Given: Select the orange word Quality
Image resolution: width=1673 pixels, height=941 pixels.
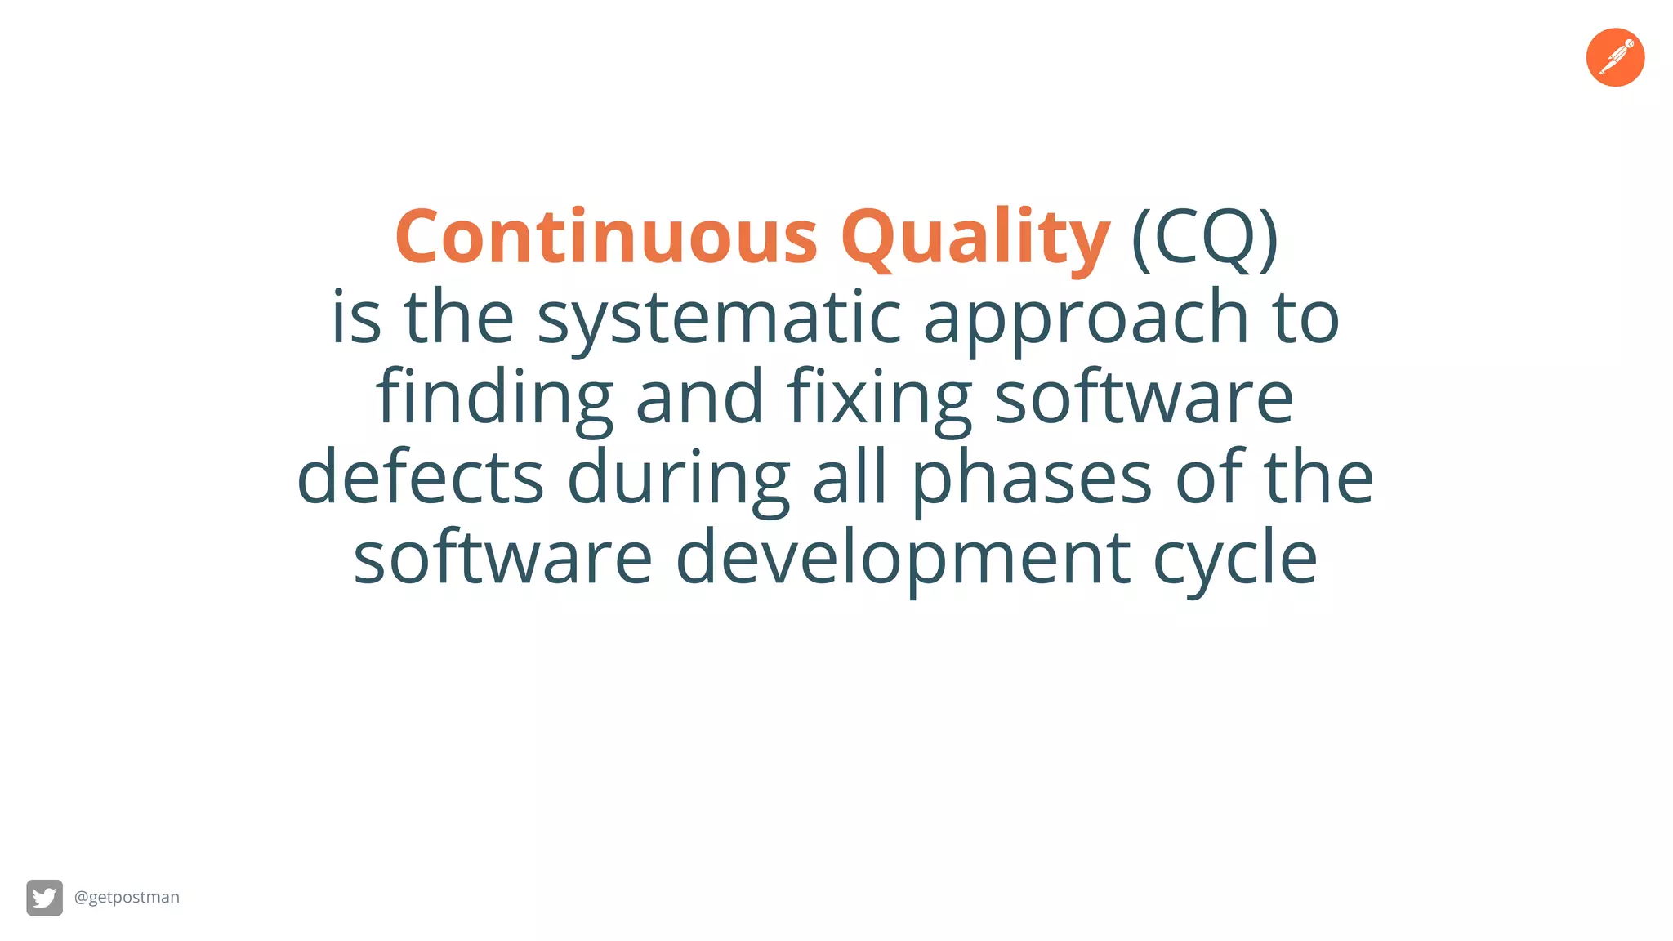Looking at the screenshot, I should [x=975, y=239].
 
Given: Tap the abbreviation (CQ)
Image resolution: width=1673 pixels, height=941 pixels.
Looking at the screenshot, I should [x=1204, y=239].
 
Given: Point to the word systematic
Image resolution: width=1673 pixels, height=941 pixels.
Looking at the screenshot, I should [x=719, y=319].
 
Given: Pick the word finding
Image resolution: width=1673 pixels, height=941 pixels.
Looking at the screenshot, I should [x=494, y=399].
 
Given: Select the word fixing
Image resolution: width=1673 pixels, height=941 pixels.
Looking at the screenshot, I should [x=880, y=399].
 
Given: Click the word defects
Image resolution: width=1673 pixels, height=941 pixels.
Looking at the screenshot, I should [x=420, y=477].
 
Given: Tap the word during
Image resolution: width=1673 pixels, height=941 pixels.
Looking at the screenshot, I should [x=678, y=479].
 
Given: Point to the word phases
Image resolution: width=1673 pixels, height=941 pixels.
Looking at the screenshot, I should [x=1031, y=479].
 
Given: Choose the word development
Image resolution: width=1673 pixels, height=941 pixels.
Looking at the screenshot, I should [x=903, y=559].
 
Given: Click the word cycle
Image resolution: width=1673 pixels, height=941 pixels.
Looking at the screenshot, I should [x=1235, y=559].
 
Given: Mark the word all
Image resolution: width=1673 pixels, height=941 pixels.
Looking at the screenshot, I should [x=850, y=477].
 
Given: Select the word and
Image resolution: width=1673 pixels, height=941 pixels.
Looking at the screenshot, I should [x=699, y=399].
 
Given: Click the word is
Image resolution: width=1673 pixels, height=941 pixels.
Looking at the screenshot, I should [x=356, y=319].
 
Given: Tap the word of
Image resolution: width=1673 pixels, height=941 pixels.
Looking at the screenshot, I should [x=1209, y=477].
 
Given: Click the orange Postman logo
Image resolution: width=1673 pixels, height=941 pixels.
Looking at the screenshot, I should [x=1615, y=57].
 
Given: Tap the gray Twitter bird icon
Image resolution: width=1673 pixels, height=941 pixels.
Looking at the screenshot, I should [x=44, y=898].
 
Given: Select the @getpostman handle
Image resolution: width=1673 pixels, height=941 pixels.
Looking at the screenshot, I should [x=127, y=897].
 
